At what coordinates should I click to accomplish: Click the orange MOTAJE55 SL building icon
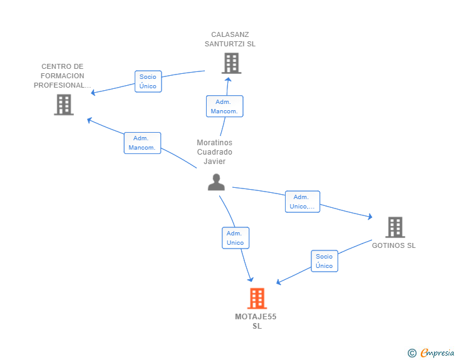click(x=257, y=299)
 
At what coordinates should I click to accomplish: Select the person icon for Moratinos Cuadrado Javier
click(x=216, y=182)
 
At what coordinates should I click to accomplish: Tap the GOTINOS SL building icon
click(x=395, y=227)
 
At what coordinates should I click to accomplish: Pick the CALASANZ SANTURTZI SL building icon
click(x=232, y=63)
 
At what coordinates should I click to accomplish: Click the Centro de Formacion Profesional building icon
click(x=64, y=105)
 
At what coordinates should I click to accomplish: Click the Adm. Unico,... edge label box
click(x=303, y=202)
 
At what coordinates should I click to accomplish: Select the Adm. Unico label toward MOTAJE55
click(x=236, y=238)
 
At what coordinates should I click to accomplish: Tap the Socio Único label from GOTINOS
click(x=324, y=261)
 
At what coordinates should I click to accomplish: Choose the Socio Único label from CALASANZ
click(x=148, y=81)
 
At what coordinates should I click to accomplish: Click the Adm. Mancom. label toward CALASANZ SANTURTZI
click(x=224, y=106)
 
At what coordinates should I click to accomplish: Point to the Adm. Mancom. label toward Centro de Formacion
click(x=142, y=143)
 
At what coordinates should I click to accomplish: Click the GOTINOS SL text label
click(x=394, y=245)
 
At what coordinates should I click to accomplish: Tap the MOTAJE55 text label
click(x=256, y=317)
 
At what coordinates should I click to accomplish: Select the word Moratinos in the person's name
click(x=215, y=143)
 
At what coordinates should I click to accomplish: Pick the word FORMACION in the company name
click(x=63, y=76)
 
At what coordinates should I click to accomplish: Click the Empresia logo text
click(x=437, y=353)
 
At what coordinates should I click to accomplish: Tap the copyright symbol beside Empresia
click(x=412, y=353)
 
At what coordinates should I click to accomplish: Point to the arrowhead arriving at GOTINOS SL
click(x=370, y=217)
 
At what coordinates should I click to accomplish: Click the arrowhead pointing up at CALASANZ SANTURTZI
click(x=228, y=80)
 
